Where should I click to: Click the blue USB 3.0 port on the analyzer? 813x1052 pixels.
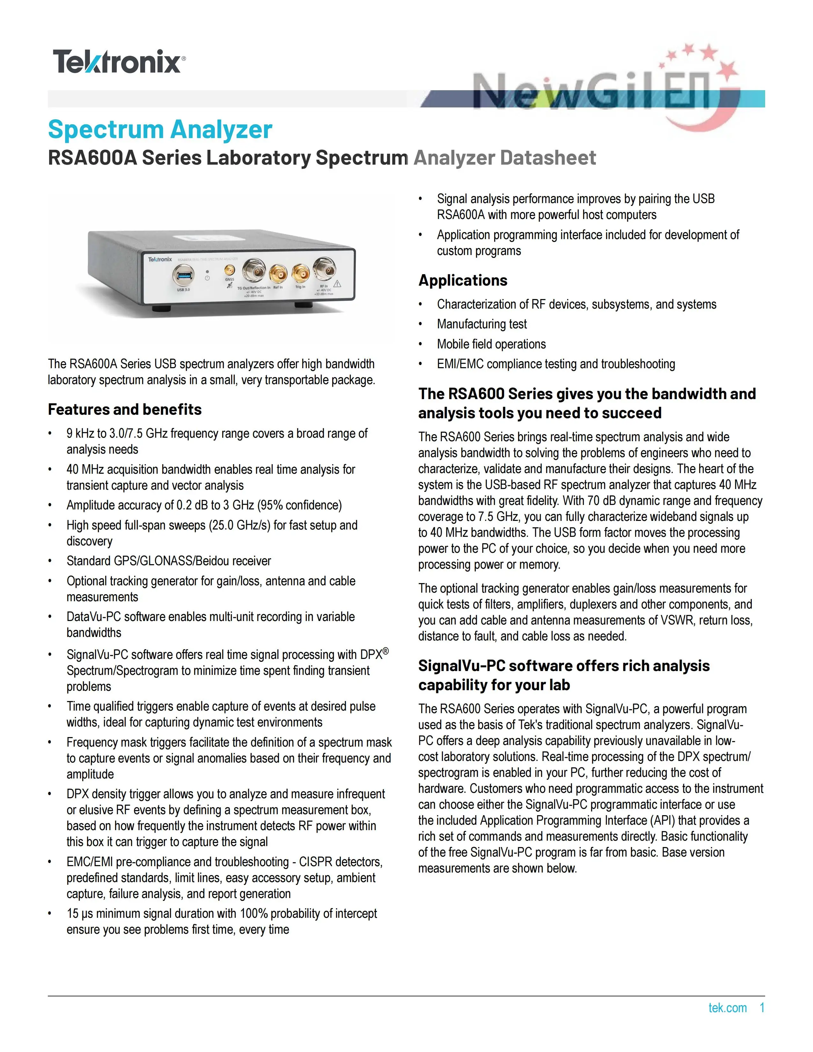click(x=183, y=275)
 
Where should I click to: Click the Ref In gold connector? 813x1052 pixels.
click(x=278, y=274)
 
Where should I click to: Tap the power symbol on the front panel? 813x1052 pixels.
click(x=207, y=278)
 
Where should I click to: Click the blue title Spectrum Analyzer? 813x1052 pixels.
click(x=160, y=129)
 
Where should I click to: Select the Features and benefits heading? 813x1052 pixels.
click(x=125, y=409)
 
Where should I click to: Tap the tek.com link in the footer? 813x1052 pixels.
click(x=727, y=1008)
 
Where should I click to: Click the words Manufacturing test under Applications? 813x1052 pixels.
click(x=482, y=324)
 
